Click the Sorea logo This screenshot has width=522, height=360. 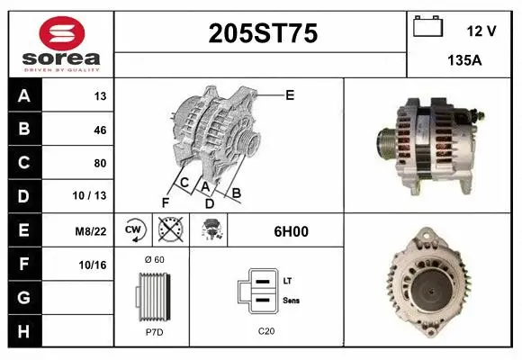click(61, 43)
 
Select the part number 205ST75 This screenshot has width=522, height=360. click(263, 33)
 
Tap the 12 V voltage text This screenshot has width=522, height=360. click(481, 31)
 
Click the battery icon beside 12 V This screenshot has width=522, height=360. click(427, 27)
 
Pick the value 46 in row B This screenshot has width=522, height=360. click(100, 130)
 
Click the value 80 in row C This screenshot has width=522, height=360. click(100, 163)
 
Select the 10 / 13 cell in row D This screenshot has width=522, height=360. click(94, 196)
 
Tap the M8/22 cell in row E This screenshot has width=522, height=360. click(92, 231)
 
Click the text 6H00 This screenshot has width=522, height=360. click(292, 231)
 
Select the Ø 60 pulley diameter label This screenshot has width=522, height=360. click(153, 259)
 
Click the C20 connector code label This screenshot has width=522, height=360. click(265, 331)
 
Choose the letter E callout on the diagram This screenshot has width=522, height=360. click(290, 94)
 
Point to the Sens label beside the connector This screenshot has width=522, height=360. click(291, 300)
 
